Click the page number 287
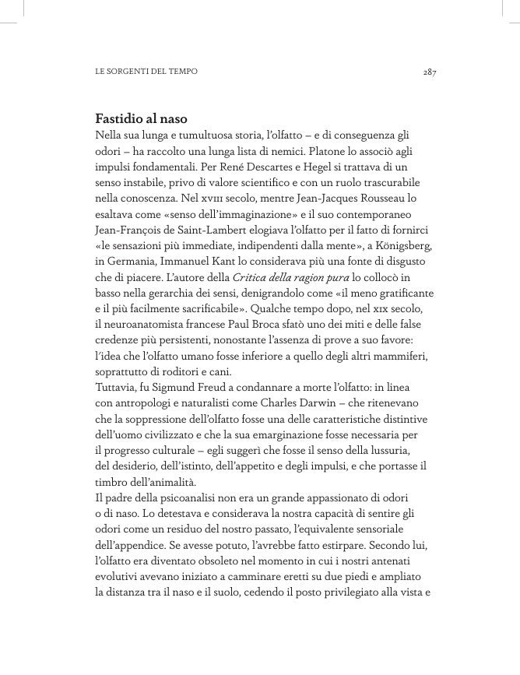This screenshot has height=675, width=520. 428,72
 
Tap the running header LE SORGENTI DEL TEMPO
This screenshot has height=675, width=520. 146,72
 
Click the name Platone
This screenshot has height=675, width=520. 332,152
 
